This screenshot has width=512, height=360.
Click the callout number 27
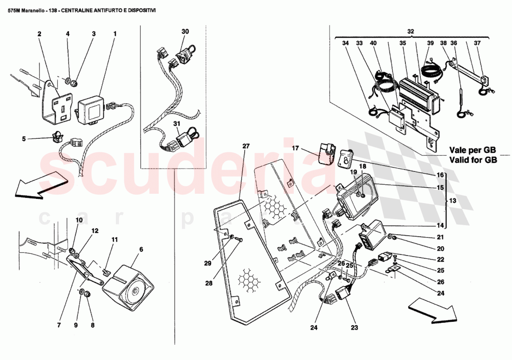246,146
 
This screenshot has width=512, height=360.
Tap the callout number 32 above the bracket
410,32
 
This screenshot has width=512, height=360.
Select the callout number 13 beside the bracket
452,201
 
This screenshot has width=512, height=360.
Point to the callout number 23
355,327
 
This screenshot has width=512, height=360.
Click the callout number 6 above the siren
141,249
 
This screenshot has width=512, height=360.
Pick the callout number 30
185,31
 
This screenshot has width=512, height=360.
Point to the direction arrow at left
40,185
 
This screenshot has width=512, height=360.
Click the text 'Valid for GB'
473,160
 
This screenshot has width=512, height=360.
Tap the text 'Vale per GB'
472,150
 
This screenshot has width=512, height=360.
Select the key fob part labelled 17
329,152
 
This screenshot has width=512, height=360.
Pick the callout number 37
477,43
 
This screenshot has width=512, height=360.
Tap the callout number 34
345,43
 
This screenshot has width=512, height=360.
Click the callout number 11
114,239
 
